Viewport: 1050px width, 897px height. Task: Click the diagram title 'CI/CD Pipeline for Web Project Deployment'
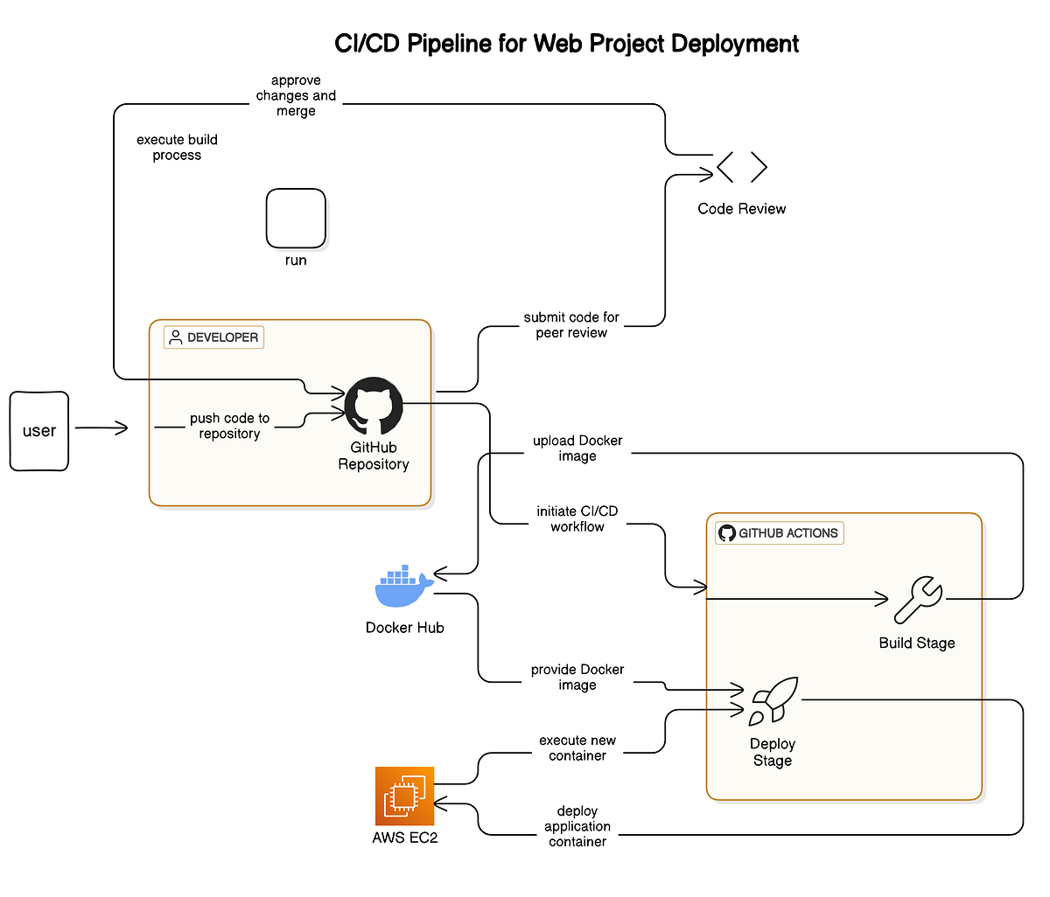click(x=567, y=44)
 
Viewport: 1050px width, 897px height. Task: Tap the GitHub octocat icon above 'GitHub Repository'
click(x=374, y=407)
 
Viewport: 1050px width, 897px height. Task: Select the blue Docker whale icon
click(x=402, y=587)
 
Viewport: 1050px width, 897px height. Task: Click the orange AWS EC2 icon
click(x=404, y=796)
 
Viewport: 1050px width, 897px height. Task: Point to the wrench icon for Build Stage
click(x=918, y=601)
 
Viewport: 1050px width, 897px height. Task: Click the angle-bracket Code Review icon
click(x=741, y=167)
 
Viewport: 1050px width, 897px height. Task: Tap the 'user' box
click(x=39, y=431)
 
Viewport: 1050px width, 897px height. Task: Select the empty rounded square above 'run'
click(x=296, y=219)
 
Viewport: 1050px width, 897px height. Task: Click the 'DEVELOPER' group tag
click(x=213, y=337)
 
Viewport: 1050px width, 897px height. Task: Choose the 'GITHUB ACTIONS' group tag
click(x=779, y=533)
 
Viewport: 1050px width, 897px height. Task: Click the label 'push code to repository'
click(x=229, y=426)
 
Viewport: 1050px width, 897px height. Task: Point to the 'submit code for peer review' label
click(x=571, y=325)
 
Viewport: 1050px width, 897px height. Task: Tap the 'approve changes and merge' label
click(x=296, y=96)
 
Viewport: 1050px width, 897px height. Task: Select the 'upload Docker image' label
click(x=577, y=448)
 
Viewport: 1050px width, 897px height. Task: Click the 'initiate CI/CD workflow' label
click(x=577, y=518)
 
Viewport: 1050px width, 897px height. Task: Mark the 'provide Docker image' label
click(x=577, y=678)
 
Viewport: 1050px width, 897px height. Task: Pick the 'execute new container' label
click(x=577, y=747)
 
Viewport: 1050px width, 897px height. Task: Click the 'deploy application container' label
click(x=577, y=826)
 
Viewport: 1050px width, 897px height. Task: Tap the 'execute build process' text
click(x=177, y=148)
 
